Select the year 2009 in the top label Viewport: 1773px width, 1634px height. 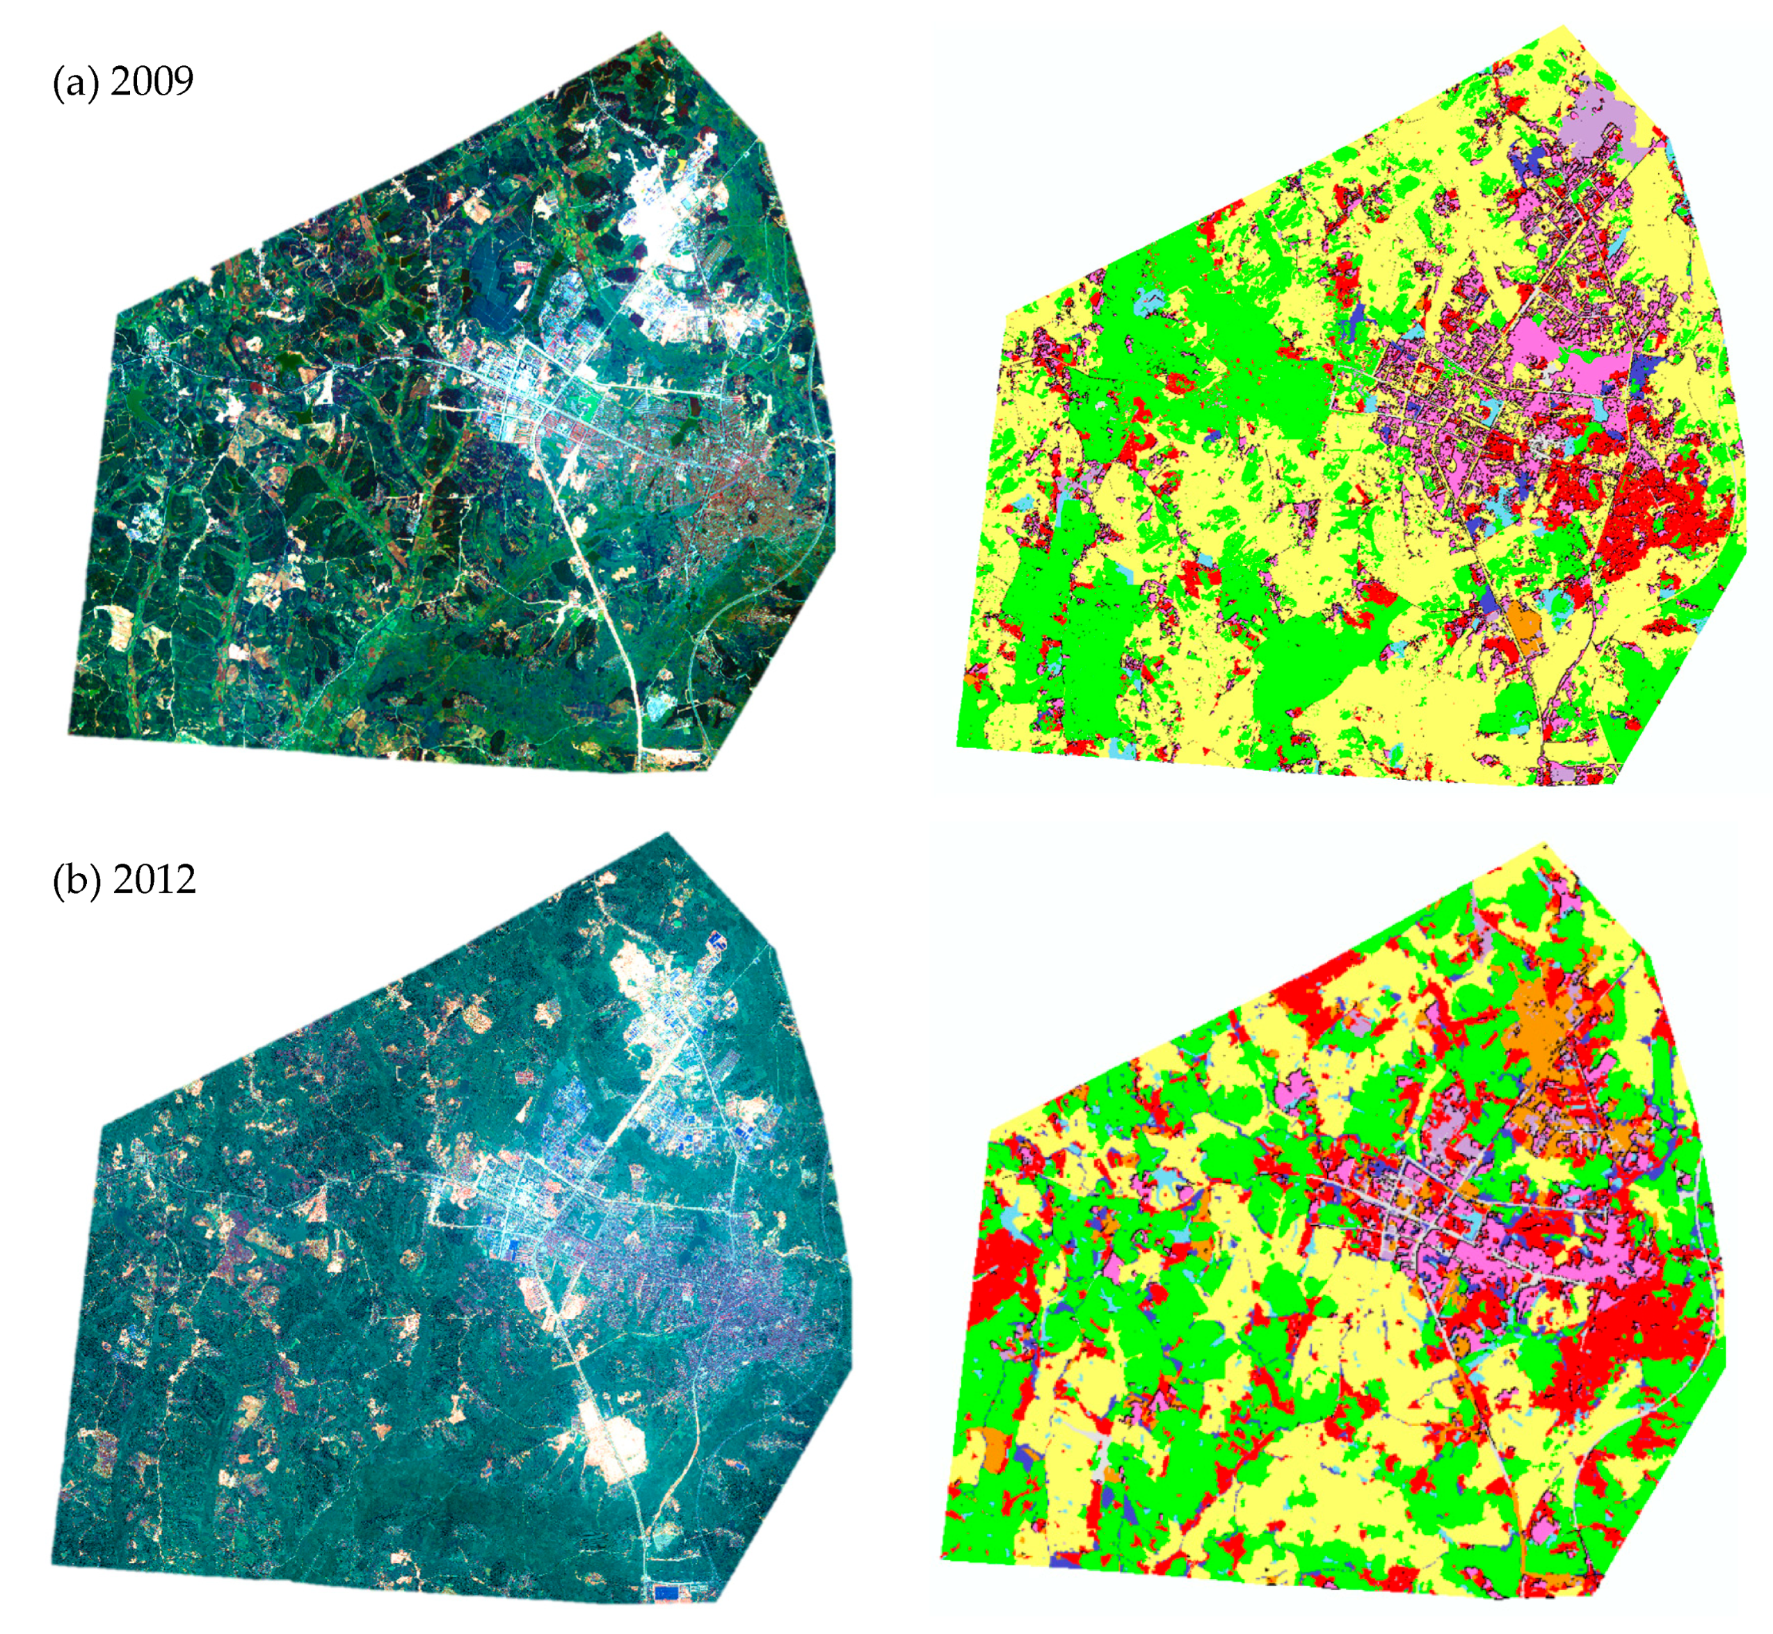click(152, 81)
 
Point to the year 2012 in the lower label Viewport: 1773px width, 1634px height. click(154, 880)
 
